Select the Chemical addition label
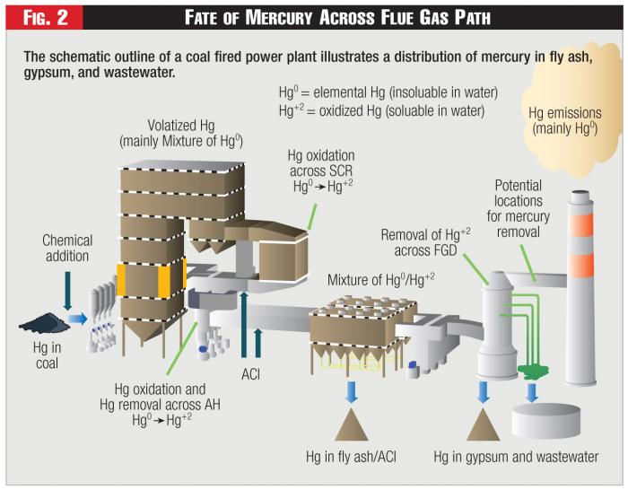coord(66,249)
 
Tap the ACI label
coord(250,374)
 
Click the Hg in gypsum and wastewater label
coord(516,457)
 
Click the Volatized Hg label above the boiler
coord(180,133)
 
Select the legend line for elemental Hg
coord(388,92)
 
